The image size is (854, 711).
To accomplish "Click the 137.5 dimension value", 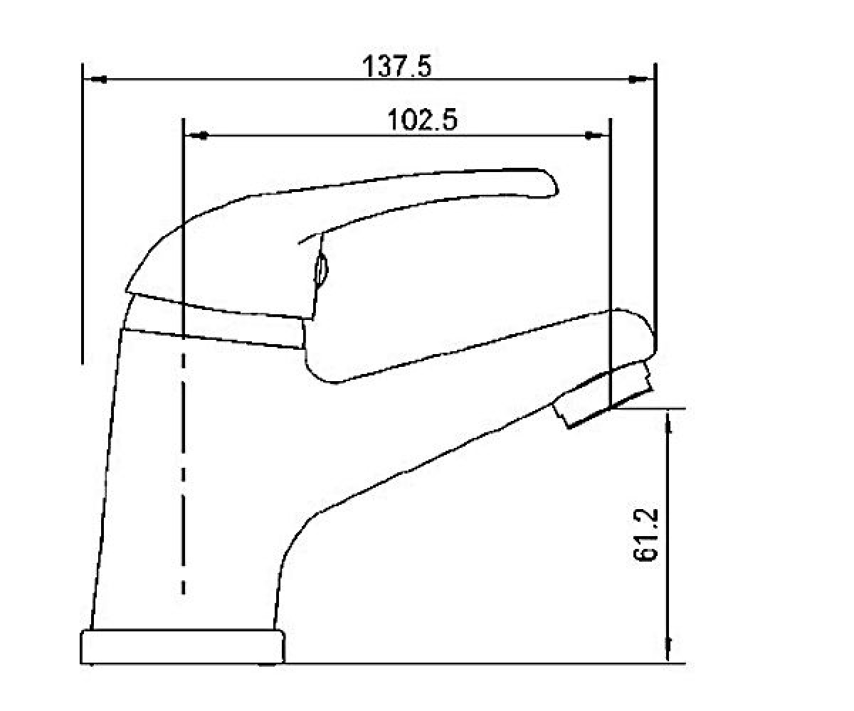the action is tap(396, 68).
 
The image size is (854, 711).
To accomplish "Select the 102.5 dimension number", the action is tap(423, 120).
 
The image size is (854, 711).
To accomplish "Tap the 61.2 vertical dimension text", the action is tap(645, 535).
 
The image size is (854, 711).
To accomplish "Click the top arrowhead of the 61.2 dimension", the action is tap(668, 422).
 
